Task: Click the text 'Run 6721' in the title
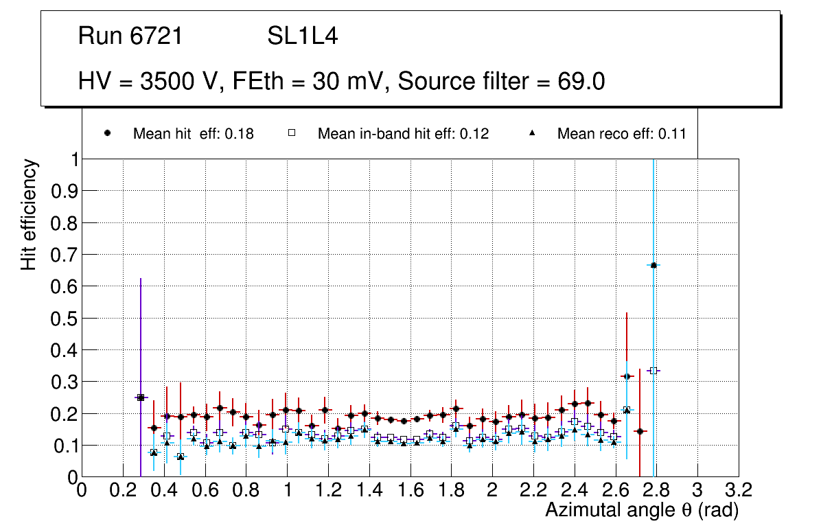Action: coord(130,36)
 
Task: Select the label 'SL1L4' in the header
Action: coord(302,36)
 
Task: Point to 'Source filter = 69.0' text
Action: coord(501,82)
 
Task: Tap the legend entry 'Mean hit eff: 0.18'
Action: coord(193,134)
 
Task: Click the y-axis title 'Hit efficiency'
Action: coord(29,214)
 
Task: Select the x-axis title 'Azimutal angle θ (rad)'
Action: coord(642,510)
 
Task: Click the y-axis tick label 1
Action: coord(71,159)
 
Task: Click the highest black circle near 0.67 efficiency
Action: coord(654,265)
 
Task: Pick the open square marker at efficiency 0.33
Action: coord(654,371)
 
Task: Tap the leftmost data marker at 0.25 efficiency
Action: coord(140,397)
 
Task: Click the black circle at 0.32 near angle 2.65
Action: coord(626,376)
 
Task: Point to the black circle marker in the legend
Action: coord(108,133)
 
